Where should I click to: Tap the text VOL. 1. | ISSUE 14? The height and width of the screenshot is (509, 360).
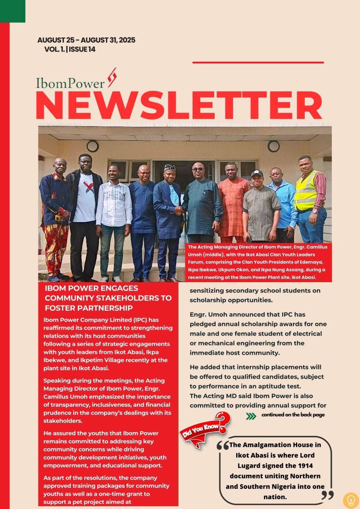coord(70,50)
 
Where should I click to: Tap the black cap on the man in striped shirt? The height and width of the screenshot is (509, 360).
coord(256,173)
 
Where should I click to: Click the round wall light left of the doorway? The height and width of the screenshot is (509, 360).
coord(92,146)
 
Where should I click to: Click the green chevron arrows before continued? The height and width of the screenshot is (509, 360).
coord(251,416)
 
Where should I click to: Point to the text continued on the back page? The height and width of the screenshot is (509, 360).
coord(293,415)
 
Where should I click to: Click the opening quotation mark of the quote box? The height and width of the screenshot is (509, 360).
coord(223,447)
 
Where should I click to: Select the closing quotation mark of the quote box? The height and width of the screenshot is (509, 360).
coord(328,495)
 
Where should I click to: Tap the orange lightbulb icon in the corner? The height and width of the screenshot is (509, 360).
coord(351,500)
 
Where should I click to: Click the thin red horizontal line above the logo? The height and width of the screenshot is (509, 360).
coord(258,62)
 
